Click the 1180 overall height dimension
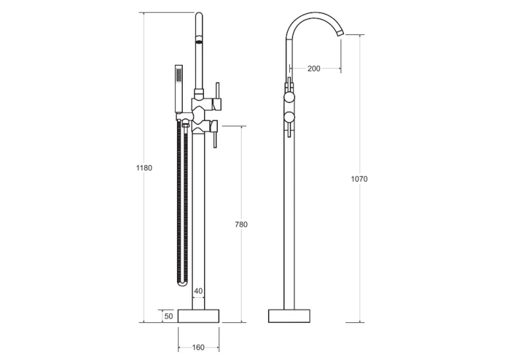point(144,168)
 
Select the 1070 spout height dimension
point(359,179)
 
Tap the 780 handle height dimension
point(241,225)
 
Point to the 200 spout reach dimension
point(314,68)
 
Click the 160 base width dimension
point(199,347)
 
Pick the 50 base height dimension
point(169,316)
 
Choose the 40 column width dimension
point(199,291)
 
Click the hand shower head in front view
point(179,89)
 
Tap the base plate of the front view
point(199,316)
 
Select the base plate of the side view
point(289,316)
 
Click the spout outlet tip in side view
point(341,32)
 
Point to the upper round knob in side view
point(289,96)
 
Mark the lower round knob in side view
point(289,118)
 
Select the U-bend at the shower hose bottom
point(182,281)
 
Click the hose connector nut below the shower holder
point(185,123)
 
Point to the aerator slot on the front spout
point(199,40)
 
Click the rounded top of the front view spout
point(199,15)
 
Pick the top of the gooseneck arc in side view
point(314,13)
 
